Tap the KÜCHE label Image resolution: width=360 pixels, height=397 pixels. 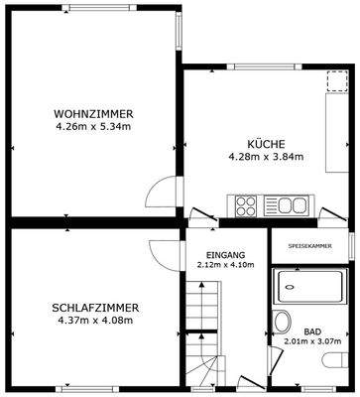262,144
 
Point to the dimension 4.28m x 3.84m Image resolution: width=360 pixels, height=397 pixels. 262,157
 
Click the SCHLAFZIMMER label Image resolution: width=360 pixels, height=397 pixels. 95,309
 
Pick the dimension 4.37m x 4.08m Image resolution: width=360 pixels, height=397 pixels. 95,322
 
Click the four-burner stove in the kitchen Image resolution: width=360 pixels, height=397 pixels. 246,206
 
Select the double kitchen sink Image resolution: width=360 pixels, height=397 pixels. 292,206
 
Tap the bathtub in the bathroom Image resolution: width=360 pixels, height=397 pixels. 307,289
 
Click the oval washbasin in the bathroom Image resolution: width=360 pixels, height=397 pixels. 283,321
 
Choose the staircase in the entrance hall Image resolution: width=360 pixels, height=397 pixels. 202,328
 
